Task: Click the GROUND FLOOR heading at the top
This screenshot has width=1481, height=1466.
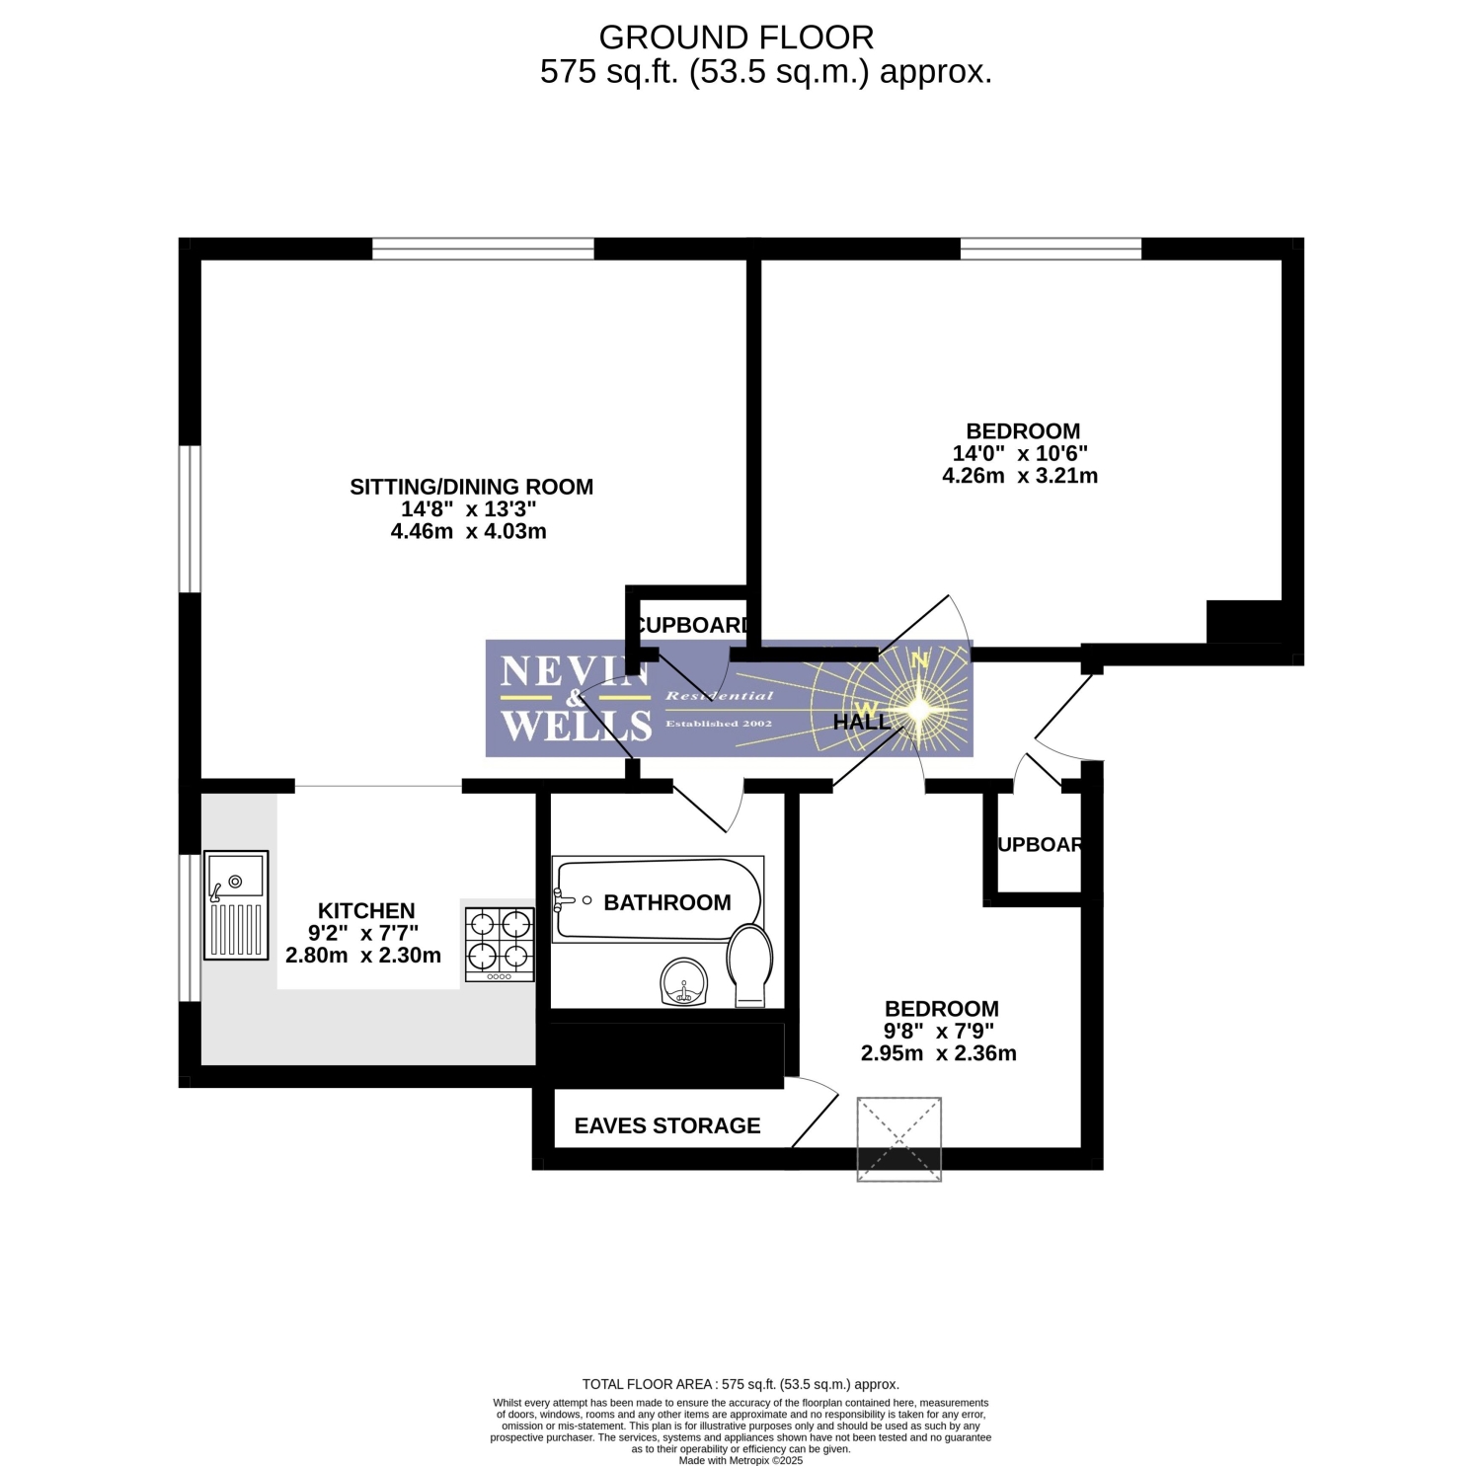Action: click(736, 38)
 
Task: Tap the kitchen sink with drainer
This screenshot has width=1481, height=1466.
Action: click(236, 905)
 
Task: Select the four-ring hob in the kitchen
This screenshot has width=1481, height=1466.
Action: click(500, 945)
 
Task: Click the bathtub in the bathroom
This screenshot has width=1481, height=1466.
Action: click(658, 899)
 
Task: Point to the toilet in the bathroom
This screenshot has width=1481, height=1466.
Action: click(750, 965)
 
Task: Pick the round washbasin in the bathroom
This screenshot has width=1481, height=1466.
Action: click(684, 981)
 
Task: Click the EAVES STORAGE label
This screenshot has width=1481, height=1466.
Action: click(667, 1125)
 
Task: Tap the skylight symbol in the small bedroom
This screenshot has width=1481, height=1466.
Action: click(899, 1138)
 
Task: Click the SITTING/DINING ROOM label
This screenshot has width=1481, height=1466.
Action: click(472, 487)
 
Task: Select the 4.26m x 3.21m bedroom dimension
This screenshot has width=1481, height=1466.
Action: click(1020, 475)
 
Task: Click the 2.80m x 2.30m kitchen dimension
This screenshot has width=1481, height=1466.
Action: click(363, 955)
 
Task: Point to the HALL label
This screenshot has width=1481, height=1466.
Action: click(862, 722)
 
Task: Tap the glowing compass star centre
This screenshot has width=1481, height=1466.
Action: click(918, 708)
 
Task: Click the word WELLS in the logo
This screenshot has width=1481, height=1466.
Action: click(577, 726)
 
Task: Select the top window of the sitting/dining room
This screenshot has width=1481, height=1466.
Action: click(484, 249)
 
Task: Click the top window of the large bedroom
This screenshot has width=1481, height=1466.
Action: click(1051, 249)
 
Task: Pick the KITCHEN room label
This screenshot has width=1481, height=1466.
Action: click(366, 910)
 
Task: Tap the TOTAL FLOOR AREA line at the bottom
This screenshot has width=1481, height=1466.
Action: click(740, 1384)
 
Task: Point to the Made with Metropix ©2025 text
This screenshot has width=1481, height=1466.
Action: click(740, 1460)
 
